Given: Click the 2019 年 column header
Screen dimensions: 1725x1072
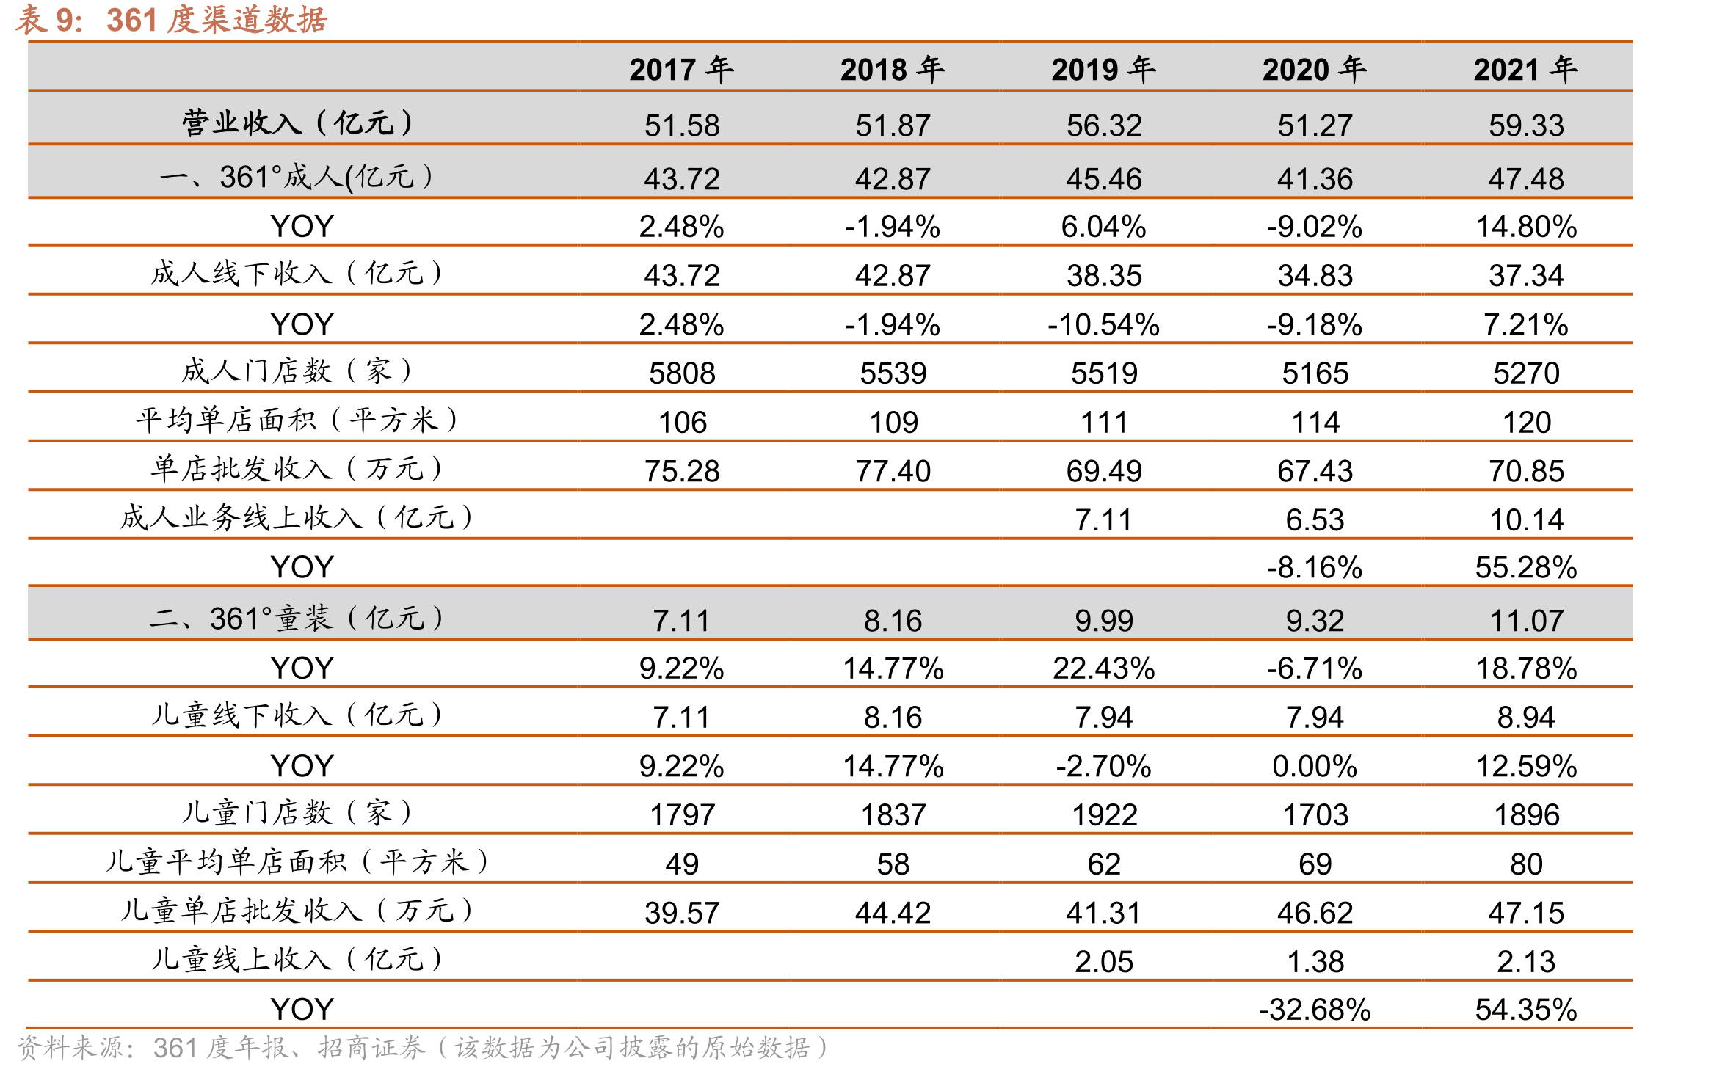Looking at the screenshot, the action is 1103,70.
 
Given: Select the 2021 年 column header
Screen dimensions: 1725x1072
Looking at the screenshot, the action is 1525,70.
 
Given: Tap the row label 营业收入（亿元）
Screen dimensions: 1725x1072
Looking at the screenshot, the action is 297,123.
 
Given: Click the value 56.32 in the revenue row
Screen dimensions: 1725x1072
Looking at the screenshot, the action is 1104,125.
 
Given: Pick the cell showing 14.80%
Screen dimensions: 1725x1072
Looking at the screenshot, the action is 1526,227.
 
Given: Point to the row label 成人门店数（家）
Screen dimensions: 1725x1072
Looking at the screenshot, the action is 297,371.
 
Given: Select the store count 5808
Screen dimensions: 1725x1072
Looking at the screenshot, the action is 682,373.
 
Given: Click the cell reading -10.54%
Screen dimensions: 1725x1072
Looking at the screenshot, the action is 1103,324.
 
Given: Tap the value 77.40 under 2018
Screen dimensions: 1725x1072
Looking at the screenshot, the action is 893,471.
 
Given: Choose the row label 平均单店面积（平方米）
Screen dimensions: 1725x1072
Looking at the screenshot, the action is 297,420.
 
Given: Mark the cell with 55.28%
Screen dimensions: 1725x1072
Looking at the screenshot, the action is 1526,568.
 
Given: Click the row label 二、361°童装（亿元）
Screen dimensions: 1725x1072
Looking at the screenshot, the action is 297,619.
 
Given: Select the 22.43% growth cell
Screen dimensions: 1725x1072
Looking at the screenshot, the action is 1104,668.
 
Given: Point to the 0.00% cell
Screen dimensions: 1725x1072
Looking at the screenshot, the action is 1315,767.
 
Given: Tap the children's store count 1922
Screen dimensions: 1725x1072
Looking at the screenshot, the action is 1104,815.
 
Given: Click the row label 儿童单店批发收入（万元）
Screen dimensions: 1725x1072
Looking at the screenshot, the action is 297,911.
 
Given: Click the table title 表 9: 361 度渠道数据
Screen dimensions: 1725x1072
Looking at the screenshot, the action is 171,20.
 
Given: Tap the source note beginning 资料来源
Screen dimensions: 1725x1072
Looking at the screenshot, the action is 424,1048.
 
